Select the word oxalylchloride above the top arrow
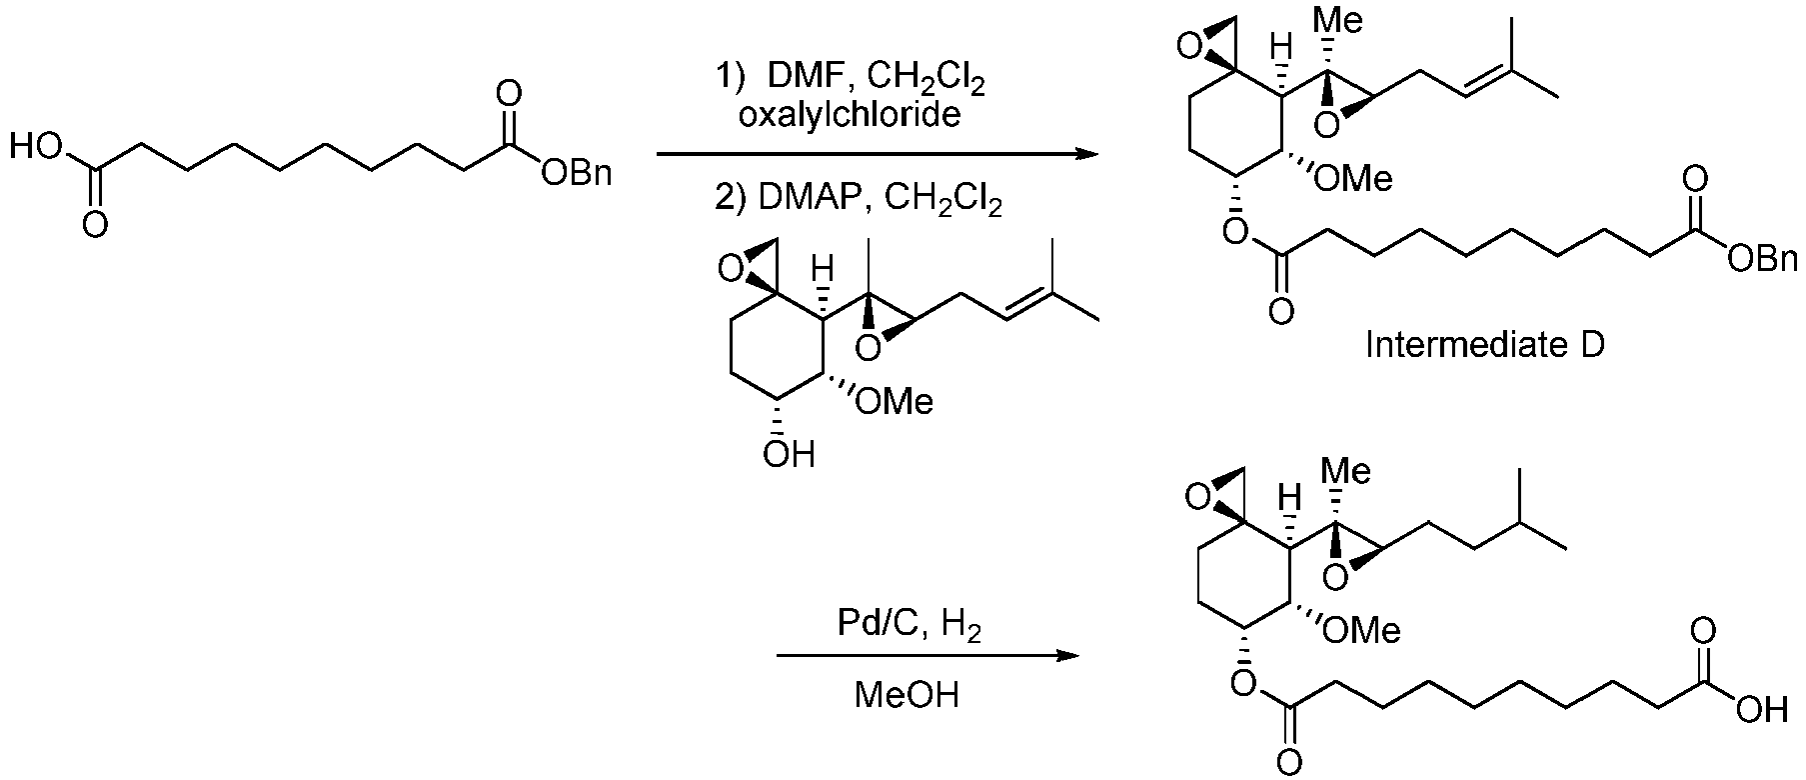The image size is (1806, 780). (850, 116)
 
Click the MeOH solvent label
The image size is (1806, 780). (906, 694)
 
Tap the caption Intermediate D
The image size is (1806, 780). (1485, 345)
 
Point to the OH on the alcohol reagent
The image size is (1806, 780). (788, 455)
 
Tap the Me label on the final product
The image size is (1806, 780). (1346, 471)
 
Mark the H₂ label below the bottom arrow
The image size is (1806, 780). (961, 628)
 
